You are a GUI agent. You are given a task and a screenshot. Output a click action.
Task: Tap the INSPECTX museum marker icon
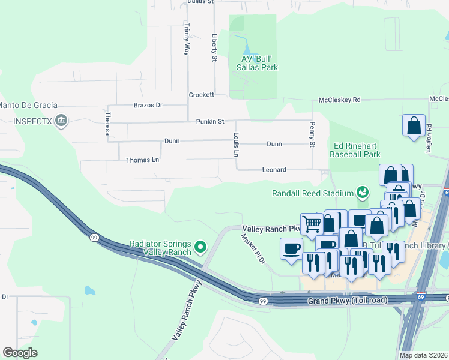pos(61,122)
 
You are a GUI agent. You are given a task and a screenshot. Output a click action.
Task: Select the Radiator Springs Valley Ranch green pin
pos(201,247)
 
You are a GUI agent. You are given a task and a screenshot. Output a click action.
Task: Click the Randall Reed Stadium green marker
pos(362,193)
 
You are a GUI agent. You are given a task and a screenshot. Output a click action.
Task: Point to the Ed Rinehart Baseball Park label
pos(355,150)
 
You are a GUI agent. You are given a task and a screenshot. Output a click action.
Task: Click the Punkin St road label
pos(209,121)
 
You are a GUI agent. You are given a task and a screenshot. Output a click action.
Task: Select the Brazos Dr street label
pos(148,105)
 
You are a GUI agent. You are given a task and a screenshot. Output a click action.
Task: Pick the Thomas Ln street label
pos(142,160)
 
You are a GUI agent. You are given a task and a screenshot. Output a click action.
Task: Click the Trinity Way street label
pos(187,39)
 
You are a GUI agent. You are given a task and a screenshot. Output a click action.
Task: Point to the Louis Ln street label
pos(237,145)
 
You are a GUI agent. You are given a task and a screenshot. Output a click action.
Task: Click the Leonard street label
pos(274,170)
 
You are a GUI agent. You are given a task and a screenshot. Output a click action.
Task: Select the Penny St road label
pos(312,135)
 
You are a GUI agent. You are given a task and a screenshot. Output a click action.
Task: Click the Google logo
pos(20,352)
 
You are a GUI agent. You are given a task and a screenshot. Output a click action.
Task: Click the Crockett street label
pos(201,95)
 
